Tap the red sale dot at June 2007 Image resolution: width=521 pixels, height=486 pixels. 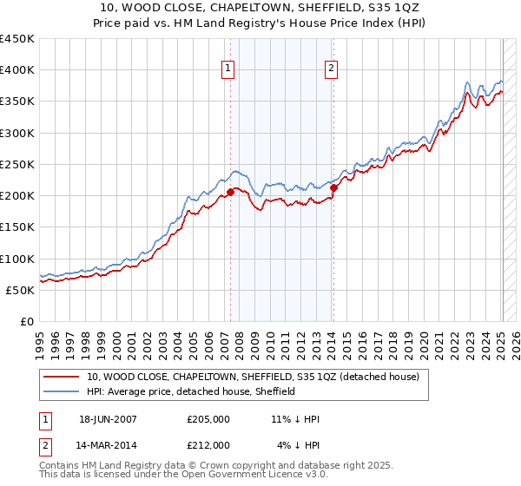230,192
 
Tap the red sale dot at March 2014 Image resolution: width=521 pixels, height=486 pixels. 333,187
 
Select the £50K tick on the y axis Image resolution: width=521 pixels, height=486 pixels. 21,290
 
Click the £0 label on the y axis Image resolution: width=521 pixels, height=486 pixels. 26,321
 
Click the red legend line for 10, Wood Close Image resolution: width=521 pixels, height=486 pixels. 63,377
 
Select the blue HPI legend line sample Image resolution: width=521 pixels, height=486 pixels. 63,391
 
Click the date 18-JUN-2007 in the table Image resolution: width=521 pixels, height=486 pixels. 108,418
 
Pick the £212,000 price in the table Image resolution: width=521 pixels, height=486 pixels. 208,444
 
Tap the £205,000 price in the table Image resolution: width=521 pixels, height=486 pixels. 208,418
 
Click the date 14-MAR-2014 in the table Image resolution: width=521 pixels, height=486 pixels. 108,444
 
